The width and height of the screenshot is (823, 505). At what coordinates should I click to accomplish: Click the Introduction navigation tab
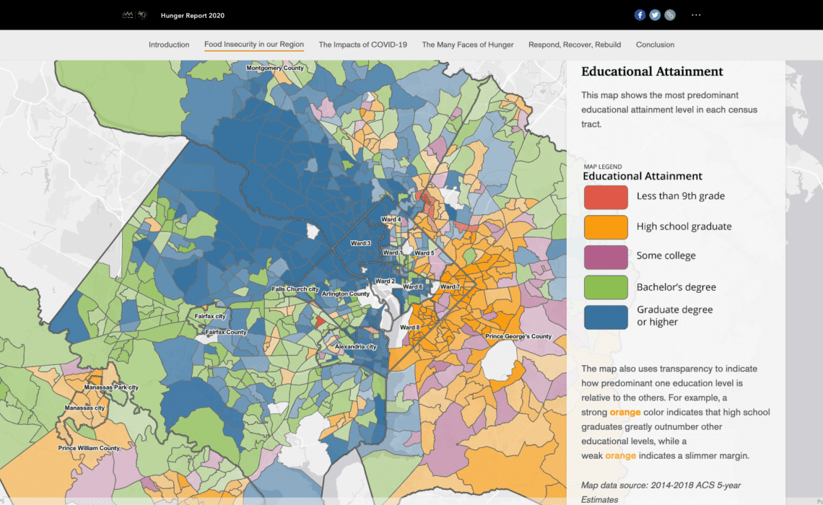coord(169,45)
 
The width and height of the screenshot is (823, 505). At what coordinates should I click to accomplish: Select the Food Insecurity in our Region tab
coord(254,45)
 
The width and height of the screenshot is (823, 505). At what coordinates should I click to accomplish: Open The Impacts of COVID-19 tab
coord(362,45)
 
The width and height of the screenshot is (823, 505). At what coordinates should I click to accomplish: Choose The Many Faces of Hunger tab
coord(468,45)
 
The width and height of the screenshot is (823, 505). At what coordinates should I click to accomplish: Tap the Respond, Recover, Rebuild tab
coord(575,45)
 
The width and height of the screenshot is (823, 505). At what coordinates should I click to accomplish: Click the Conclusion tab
coord(655,45)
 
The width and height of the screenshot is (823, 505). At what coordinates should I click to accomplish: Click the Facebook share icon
coord(640,15)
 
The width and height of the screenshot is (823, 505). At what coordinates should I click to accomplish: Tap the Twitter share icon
coord(655,15)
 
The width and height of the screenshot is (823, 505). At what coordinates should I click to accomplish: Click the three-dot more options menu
coord(696,15)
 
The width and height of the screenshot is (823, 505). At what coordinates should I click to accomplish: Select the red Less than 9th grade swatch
coord(606,197)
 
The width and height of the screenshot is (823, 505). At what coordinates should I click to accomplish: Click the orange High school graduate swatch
coord(606,227)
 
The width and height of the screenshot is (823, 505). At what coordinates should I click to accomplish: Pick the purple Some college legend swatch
coord(606,256)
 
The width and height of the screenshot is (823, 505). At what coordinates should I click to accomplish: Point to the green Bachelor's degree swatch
coord(606,287)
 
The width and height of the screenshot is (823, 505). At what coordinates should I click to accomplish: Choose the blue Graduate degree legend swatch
coord(606,316)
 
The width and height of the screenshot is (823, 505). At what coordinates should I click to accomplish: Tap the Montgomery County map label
coord(275,69)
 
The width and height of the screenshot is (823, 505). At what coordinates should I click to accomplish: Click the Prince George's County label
coord(518,337)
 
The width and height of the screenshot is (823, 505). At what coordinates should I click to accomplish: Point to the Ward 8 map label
coord(409,328)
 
